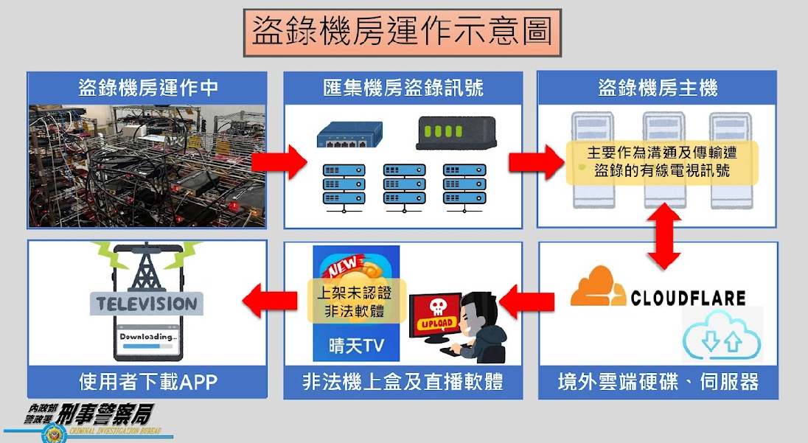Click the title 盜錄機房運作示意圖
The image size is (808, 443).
(402, 32)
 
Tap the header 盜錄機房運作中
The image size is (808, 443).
(147, 88)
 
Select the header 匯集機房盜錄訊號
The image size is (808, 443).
(403, 88)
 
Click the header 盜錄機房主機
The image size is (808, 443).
(657, 88)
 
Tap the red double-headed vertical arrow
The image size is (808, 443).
(664, 237)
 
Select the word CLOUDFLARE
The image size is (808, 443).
(688, 298)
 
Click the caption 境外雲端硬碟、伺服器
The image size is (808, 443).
(658, 383)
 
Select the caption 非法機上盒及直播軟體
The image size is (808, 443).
(403, 383)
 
